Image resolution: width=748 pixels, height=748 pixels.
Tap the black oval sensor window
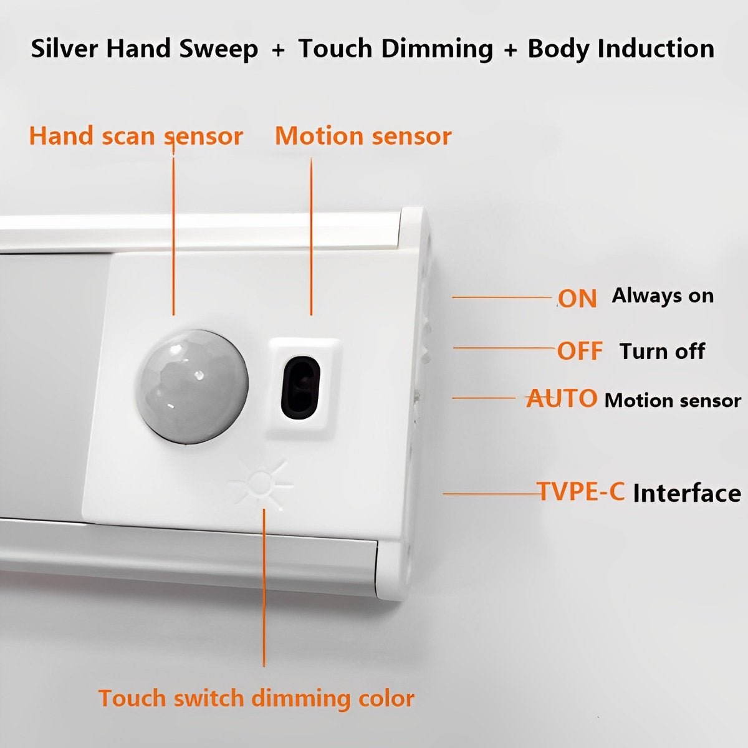tap(300, 387)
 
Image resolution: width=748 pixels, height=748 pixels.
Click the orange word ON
tap(577, 299)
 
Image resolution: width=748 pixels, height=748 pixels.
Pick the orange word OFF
tap(580, 351)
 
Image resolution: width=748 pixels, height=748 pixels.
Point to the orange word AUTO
tap(562, 398)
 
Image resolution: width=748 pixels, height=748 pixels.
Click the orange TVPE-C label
tap(582, 492)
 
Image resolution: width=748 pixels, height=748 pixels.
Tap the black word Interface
tap(687, 493)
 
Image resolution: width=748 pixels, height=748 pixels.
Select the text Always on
tap(663, 295)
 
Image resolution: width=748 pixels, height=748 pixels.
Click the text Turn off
tap(662, 351)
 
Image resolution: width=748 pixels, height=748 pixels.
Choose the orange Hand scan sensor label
tap(136, 136)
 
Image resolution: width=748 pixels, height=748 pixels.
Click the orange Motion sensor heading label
tap(363, 136)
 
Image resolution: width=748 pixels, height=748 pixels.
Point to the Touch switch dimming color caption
tap(256, 698)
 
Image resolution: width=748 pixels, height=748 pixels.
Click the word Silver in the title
tap(65, 49)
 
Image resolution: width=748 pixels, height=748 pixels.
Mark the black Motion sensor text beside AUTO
tap(673, 400)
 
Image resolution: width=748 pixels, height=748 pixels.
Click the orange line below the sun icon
tap(264, 586)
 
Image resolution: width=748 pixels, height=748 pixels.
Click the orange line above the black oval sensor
tap(311, 237)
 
